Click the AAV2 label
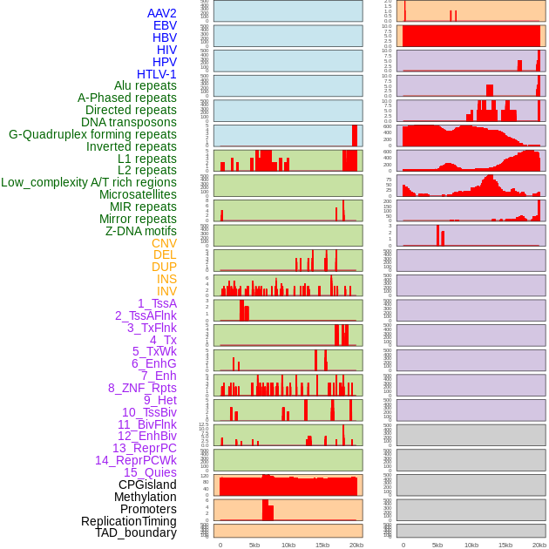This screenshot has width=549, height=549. [162, 13]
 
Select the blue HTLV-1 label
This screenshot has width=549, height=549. [157, 74]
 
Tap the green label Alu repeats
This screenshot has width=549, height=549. [146, 85]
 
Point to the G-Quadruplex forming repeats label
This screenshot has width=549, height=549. [92, 134]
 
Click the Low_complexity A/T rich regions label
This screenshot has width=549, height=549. [89, 182]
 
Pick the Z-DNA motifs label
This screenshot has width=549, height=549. [141, 231]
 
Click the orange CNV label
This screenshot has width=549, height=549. [164, 243]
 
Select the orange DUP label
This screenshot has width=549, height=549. [164, 267]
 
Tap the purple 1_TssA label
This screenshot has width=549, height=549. [157, 303]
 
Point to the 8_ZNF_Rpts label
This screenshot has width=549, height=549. [142, 388]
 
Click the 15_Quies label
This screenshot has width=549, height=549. [150, 472]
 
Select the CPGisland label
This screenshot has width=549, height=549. [147, 485]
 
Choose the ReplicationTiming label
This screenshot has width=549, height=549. [128, 521]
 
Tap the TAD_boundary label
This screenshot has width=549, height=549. [136, 532]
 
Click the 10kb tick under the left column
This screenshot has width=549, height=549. [288, 545]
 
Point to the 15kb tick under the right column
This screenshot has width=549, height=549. [505, 545]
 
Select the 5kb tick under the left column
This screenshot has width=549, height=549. [254, 545]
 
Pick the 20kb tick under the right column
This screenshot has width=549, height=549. [539, 545]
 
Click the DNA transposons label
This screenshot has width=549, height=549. [129, 122]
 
